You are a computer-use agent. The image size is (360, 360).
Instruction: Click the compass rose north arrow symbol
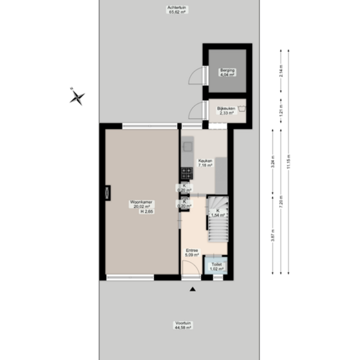(77, 96)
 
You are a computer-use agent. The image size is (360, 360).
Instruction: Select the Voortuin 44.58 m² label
(184, 325)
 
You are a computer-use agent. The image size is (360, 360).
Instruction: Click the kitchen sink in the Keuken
(188, 146)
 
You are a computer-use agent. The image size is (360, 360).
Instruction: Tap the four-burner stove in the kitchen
(186, 173)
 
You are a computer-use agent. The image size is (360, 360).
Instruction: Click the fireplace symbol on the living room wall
(107, 192)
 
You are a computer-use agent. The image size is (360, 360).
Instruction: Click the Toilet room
(216, 266)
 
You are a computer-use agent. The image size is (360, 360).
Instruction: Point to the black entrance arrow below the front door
(192, 289)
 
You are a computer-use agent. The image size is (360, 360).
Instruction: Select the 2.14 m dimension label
(281, 72)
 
